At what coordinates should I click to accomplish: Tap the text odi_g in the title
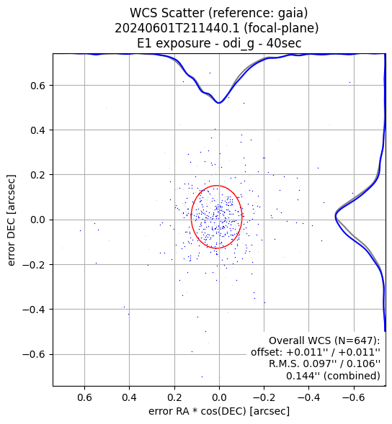tap(239, 44)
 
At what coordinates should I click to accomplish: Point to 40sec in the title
tap(284, 43)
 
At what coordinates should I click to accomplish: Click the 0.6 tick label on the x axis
tap(84, 398)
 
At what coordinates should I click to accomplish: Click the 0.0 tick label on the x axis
tap(219, 398)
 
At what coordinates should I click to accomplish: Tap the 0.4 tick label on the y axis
tap(38, 130)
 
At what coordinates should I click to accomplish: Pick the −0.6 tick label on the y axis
tap(35, 354)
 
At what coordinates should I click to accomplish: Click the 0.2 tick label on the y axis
tap(38, 175)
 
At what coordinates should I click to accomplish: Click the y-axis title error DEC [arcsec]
tap(12, 220)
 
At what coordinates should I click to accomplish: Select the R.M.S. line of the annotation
tap(324, 364)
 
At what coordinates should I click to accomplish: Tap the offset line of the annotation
tap(316, 352)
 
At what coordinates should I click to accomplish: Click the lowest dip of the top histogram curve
tap(219, 103)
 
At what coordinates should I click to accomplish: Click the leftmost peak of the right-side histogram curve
tap(335, 217)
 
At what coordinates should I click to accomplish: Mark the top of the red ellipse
tap(217, 186)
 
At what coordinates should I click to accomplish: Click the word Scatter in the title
tap(183, 13)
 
